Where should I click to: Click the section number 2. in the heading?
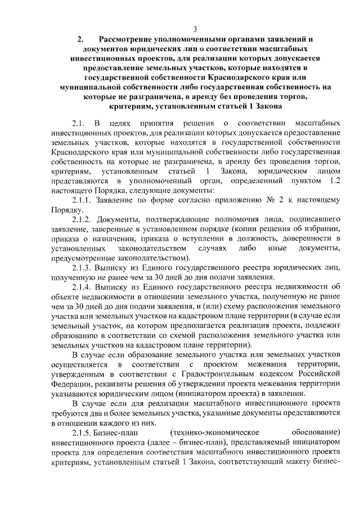80,39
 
